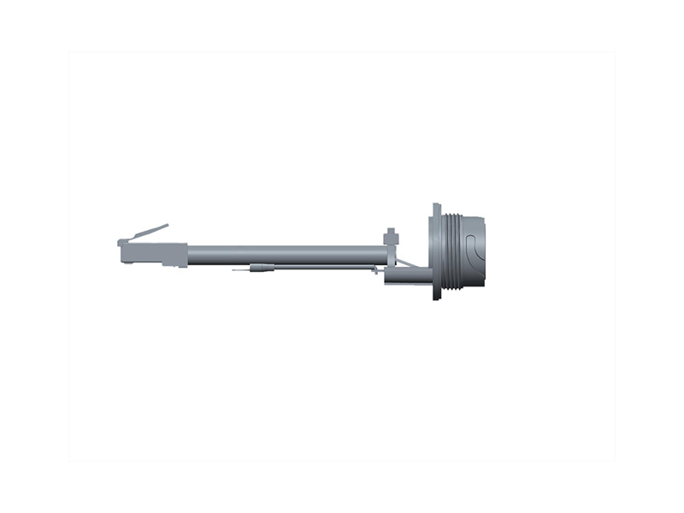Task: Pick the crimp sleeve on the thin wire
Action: coord(262,268)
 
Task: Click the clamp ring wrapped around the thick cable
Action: coord(392,254)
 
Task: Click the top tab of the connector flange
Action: coord(436,209)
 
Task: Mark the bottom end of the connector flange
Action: coord(436,295)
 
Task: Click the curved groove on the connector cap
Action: coord(473,248)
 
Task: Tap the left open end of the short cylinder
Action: coord(386,276)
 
